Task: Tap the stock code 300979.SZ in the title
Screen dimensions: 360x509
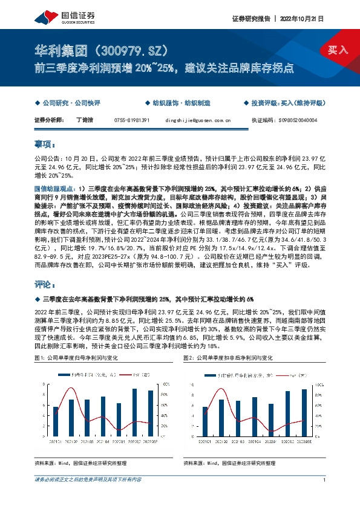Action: pos(134,50)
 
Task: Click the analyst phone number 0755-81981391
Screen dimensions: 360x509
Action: pos(131,120)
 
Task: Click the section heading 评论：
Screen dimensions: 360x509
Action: pos(45,284)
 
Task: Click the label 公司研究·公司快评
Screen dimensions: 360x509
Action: pos(68,104)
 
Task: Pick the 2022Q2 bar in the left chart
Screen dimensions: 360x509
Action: pos(134,412)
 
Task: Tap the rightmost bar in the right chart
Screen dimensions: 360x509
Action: pos(304,412)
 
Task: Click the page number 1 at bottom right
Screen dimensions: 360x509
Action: pos(325,479)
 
